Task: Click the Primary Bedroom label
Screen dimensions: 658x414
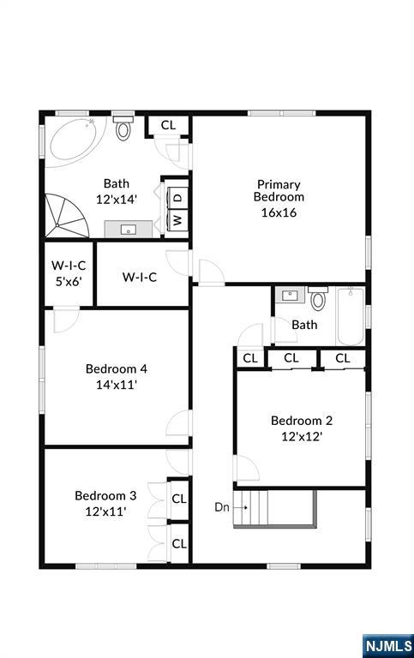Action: pos(279,190)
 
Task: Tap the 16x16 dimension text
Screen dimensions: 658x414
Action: pos(279,212)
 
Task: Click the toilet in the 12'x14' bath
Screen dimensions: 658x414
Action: pos(123,129)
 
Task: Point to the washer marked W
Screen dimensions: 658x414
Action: pos(178,219)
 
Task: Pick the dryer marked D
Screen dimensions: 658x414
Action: pos(178,197)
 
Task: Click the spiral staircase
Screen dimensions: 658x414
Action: pos(68,217)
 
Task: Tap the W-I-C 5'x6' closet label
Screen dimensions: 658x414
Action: pos(69,272)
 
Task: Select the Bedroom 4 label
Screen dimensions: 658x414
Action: pos(117,369)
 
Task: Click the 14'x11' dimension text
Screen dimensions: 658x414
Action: pos(117,385)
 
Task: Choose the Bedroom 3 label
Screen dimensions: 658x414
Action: pos(105,495)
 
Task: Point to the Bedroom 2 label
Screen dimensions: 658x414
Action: pos(302,421)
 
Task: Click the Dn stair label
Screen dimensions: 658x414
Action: pos(221,506)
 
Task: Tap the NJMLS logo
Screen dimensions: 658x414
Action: pos(387,644)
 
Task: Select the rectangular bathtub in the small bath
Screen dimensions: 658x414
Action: pos(351,316)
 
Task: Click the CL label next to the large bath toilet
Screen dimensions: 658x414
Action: pos(168,125)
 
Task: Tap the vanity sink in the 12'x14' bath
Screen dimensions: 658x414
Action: pos(129,229)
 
